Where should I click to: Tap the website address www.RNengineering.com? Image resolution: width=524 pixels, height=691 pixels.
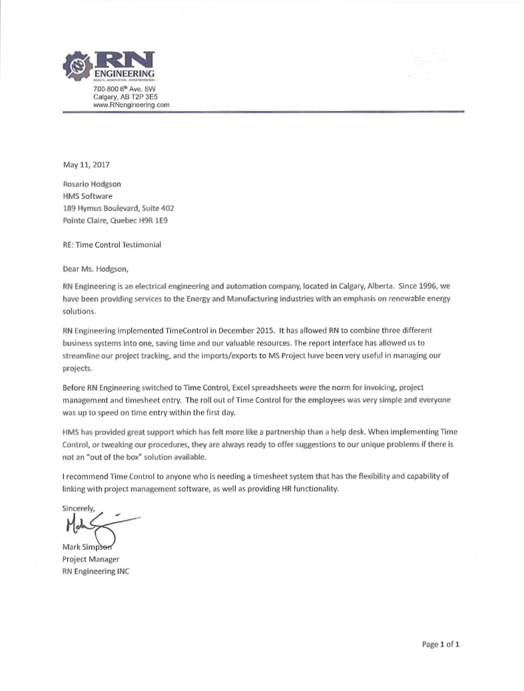[x=131, y=105]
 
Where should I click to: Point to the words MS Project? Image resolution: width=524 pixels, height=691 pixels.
[x=296, y=356]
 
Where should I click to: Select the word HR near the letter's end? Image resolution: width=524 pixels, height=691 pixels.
[x=284, y=489]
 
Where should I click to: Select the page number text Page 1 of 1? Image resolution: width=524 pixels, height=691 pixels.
[x=441, y=644]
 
